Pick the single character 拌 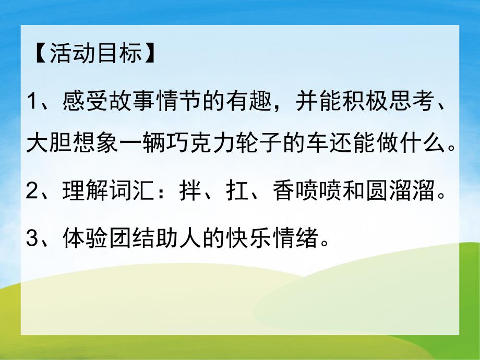tap(189, 193)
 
